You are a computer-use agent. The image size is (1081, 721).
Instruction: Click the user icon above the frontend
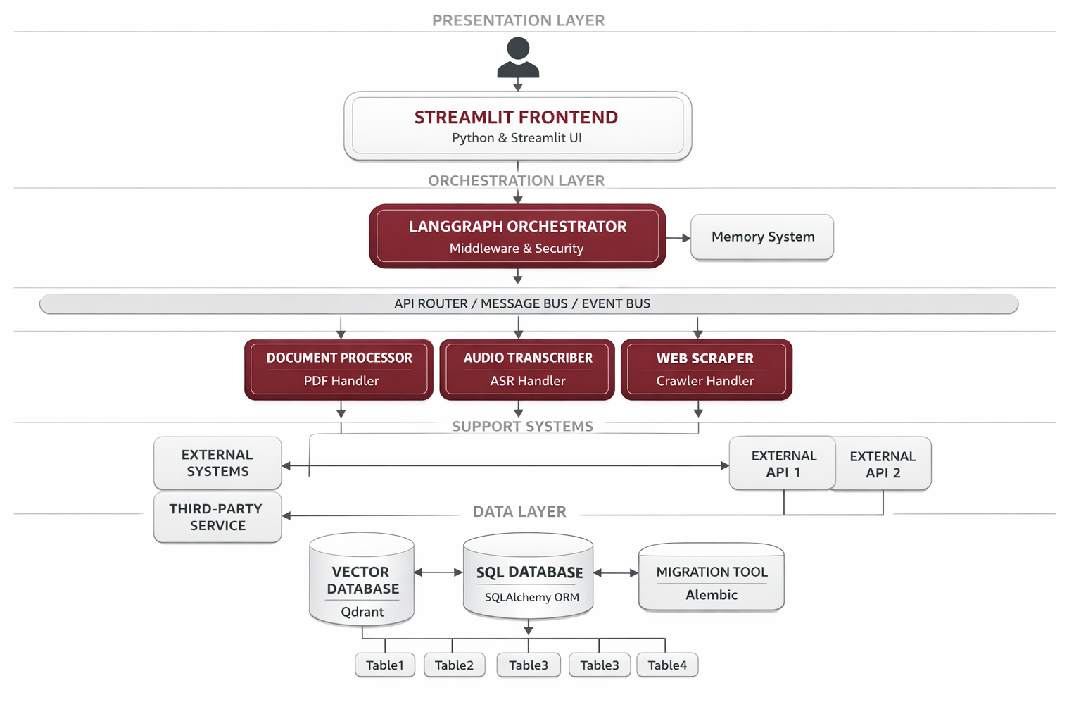518,58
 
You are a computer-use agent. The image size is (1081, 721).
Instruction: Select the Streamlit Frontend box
517,126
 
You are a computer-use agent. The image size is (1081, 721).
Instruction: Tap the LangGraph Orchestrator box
517,237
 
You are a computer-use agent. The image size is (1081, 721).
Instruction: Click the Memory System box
762,237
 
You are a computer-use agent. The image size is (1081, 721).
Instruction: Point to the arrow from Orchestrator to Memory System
678,238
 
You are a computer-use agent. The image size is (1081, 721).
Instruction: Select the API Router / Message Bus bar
528,303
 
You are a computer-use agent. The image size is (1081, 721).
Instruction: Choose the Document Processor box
339,370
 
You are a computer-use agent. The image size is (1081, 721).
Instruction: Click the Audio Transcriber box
527,370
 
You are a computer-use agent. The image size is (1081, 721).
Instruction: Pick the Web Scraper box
706,370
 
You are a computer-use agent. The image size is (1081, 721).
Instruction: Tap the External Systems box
217,463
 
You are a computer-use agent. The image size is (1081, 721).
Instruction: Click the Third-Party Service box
217,518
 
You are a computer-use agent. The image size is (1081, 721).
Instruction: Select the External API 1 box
783,463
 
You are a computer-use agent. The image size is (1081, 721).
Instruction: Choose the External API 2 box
883,464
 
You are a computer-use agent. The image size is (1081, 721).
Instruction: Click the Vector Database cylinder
362,581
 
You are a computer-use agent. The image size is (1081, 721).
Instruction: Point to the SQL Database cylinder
529,577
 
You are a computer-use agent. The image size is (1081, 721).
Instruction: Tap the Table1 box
385,665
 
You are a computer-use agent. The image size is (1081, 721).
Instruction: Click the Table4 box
667,665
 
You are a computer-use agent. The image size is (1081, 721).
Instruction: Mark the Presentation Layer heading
518,20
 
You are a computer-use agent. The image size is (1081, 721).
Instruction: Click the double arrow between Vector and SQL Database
438,572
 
